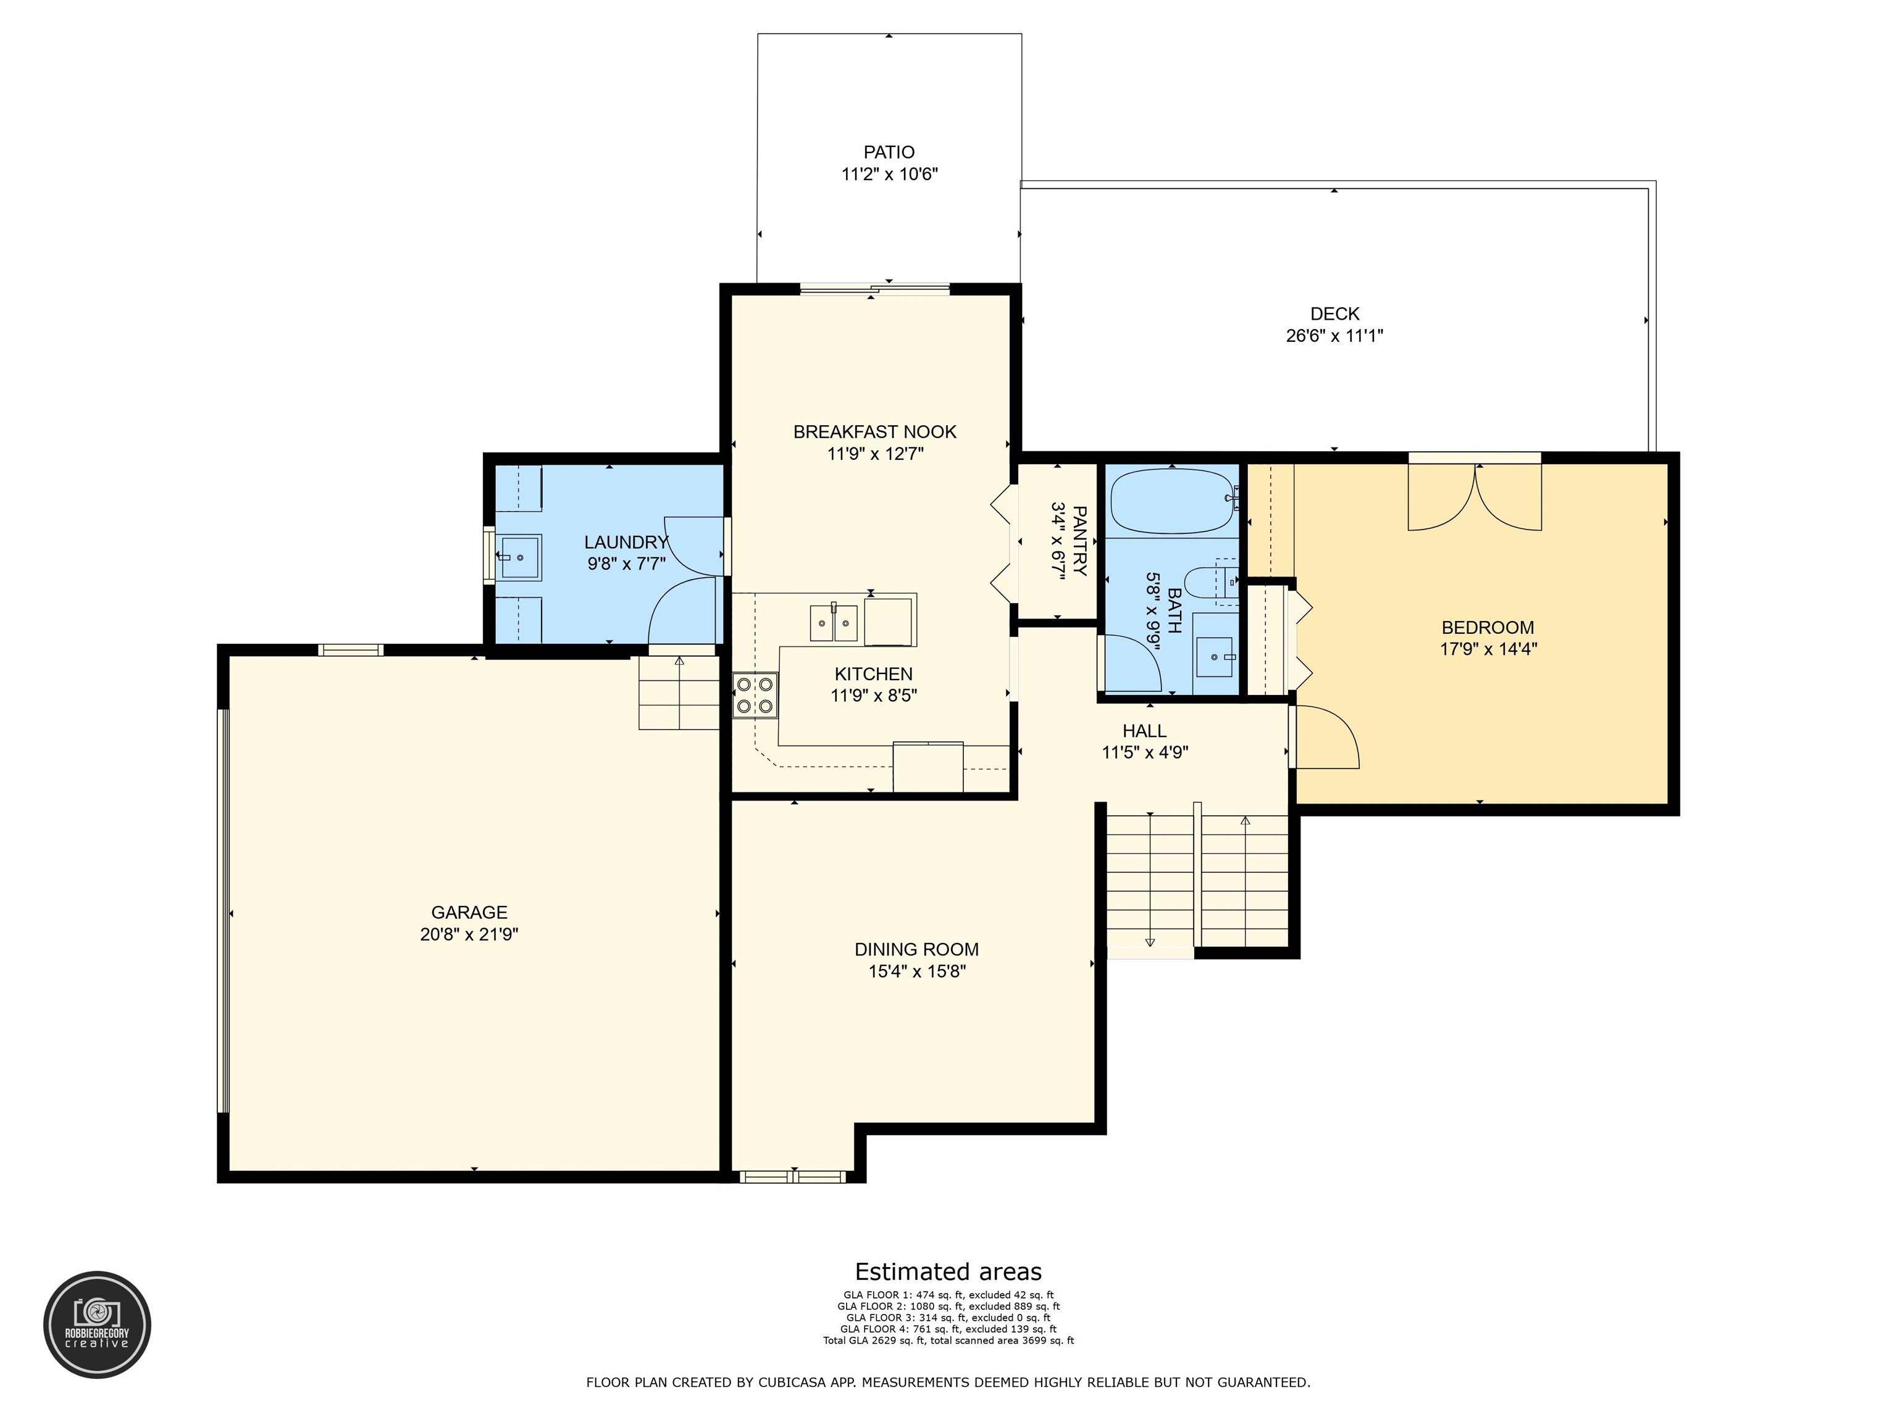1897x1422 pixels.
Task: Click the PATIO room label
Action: pyautogui.click(x=889, y=152)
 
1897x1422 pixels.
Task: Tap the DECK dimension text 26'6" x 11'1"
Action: pyautogui.click(x=1334, y=336)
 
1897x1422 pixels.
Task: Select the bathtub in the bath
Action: pyautogui.click(x=1172, y=501)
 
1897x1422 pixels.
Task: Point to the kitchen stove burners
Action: pyautogui.click(x=755, y=695)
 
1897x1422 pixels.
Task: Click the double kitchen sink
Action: pyautogui.click(x=834, y=622)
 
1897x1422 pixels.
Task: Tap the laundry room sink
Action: pyautogui.click(x=520, y=557)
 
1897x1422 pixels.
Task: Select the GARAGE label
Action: pyautogui.click(x=469, y=912)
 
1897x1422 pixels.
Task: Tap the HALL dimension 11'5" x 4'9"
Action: pyautogui.click(x=1144, y=752)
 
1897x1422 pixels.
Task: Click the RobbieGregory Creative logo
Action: pyautogui.click(x=97, y=1324)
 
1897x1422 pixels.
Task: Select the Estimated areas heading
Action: pyautogui.click(x=948, y=1271)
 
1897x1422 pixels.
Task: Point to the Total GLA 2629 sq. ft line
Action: pyautogui.click(x=948, y=1341)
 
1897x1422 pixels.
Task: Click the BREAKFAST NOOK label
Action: pyautogui.click(x=874, y=432)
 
